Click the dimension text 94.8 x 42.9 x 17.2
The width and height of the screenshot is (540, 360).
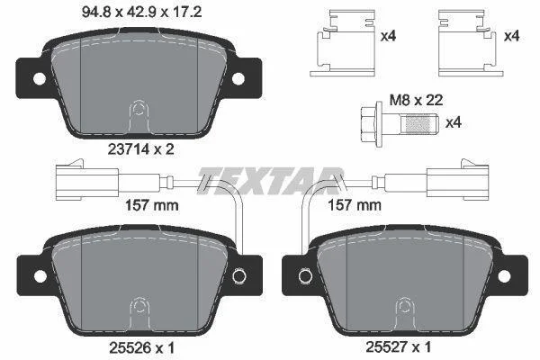[x=141, y=13]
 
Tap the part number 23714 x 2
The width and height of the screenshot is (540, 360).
[x=141, y=149]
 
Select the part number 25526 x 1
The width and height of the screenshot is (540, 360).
[x=141, y=348]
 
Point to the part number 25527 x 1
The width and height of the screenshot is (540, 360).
[x=398, y=347]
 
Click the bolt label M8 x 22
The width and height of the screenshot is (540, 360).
[x=416, y=100]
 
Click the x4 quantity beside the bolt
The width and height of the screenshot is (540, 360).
[x=454, y=122]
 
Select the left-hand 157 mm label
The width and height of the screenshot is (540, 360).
[x=151, y=206]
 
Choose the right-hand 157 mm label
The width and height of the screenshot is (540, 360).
[x=355, y=205]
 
